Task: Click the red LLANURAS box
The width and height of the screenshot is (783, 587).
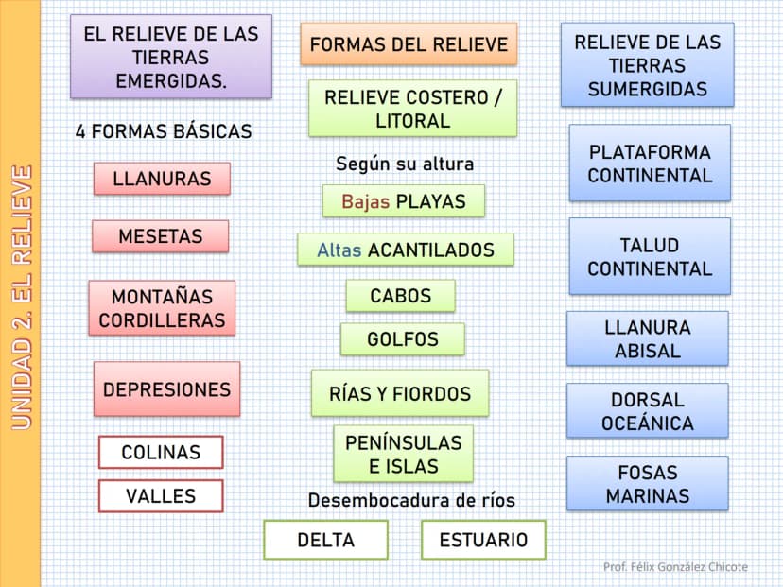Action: (x=162, y=179)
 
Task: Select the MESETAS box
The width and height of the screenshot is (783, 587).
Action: (x=161, y=236)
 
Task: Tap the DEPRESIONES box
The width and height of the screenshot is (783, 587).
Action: (x=166, y=388)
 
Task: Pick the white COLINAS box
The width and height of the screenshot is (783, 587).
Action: (x=161, y=452)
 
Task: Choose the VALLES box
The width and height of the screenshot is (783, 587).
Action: (x=161, y=495)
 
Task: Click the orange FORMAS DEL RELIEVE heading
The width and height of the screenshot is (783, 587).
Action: (x=409, y=43)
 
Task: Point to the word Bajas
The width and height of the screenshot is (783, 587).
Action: (x=366, y=201)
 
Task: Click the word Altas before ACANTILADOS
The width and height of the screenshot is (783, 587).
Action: (x=339, y=250)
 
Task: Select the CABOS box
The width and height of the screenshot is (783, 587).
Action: (x=401, y=296)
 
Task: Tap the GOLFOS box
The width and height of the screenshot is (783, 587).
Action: (x=403, y=339)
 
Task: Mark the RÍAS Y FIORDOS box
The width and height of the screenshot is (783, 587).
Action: (x=400, y=393)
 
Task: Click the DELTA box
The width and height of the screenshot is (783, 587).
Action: (x=325, y=540)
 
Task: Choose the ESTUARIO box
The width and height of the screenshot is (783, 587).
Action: (x=483, y=540)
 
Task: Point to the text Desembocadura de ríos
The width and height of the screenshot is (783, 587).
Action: (x=411, y=500)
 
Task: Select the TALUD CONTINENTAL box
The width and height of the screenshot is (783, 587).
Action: (x=650, y=256)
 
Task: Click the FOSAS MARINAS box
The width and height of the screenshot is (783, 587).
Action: (x=648, y=483)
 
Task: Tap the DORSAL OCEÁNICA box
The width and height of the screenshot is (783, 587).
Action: (x=648, y=411)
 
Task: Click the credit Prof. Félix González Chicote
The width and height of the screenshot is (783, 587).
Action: (x=675, y=566)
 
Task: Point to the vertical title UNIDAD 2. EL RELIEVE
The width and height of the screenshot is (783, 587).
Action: (x=22, y=298)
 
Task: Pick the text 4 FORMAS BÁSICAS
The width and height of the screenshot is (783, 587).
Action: (x=164, y=131)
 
